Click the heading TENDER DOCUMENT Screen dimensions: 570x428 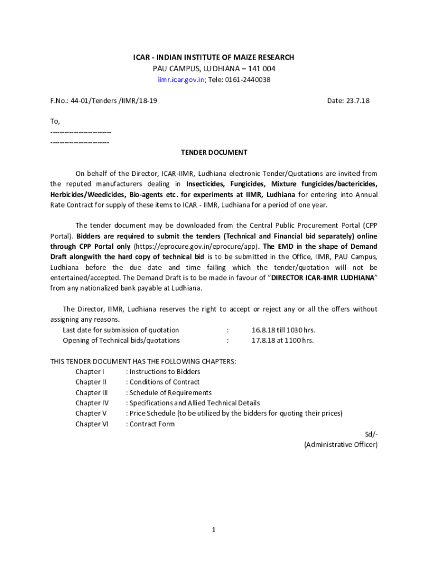coord(214,153)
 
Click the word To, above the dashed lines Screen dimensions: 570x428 coord(55,121)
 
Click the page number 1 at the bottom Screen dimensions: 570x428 coord(213,530)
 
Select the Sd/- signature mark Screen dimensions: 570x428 coord(371,434)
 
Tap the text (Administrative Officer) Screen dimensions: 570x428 coord(341,445)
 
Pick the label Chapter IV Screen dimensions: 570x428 coord(92,403)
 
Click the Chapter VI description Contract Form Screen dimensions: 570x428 coord(152,424)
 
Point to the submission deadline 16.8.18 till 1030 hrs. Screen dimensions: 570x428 coord(283,330)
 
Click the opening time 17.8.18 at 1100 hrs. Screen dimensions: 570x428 coord(282,340)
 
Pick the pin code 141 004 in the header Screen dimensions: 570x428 coord(262,68)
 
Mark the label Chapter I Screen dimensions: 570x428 coord(90,372)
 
